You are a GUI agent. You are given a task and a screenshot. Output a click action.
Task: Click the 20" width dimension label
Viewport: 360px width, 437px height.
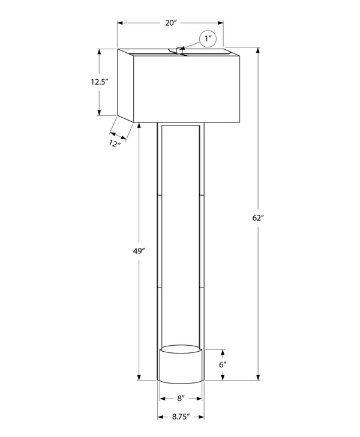171,23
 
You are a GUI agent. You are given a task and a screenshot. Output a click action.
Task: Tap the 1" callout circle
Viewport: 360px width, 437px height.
208,39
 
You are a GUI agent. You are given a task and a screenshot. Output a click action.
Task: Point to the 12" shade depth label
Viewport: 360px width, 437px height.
115,143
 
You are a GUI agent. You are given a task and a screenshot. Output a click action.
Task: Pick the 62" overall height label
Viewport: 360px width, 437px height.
259,218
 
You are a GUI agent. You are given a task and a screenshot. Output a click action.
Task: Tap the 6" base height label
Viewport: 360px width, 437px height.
223,365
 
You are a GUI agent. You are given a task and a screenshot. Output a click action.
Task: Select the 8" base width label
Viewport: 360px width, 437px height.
181,397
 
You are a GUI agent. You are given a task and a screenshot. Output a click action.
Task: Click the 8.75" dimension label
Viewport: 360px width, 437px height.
181,415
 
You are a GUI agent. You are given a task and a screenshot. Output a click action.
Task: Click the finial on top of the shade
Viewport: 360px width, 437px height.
181,51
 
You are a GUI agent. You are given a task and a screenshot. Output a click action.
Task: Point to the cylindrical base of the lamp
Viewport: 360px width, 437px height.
181,366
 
